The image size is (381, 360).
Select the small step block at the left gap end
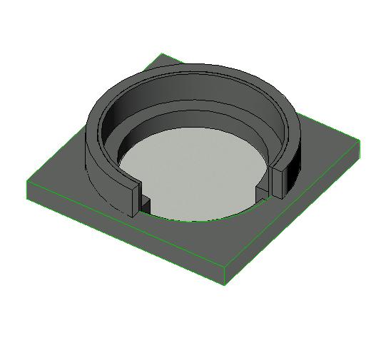tap(145, 203)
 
